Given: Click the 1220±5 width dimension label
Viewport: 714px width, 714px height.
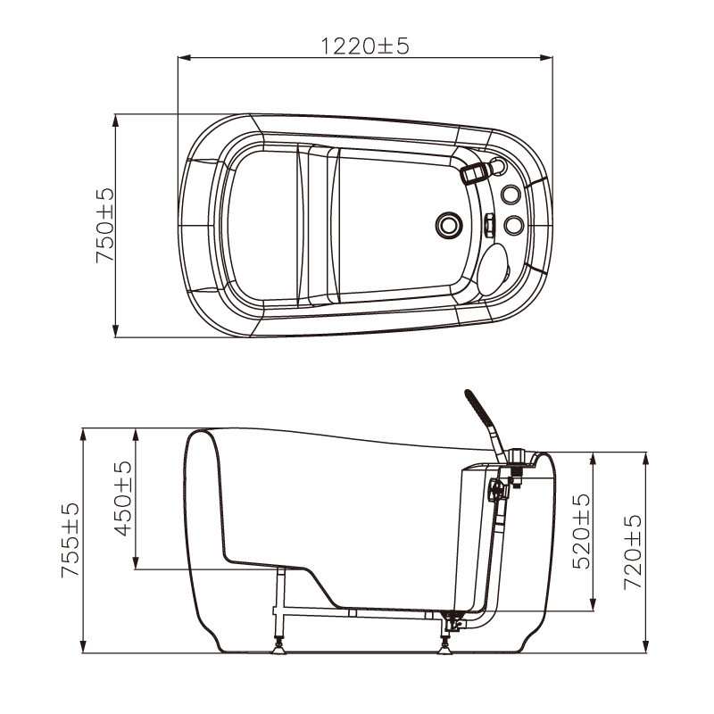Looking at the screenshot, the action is pyautogui.click(x=365, y=46).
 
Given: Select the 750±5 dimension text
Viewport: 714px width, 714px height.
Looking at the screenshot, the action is pyautogui.click(x=105, y=226).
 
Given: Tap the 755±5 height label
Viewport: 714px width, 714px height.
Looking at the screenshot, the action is pyautogui.click(x=71, y=540).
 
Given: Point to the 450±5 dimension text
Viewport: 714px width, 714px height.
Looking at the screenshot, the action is pyautogui.click(x=123, y=499).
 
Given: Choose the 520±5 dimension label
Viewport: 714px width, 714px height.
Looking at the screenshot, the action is pyautogui.click(x=582, y=531).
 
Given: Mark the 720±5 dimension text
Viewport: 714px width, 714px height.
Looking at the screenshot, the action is pyautogui.click(x=633, y=552).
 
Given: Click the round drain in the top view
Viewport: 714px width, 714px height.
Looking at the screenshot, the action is pyautogui.click(x=449, y=225).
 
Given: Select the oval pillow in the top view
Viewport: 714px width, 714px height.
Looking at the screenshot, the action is pyautogui.click(x=494, y=270).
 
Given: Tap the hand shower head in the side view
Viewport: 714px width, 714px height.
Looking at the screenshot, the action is pyautogui.click(x=477, y=406).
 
